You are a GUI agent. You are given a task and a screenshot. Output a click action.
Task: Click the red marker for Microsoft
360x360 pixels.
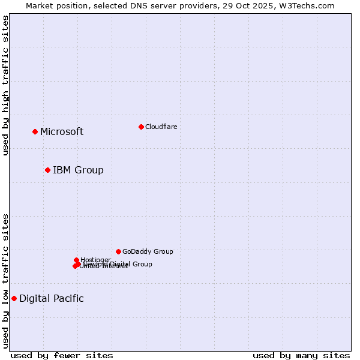click(35, 131)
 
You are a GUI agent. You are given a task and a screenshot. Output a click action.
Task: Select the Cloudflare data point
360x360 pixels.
click(141, 127)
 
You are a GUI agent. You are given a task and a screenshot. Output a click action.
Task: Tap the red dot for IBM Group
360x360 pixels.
click(47, 170)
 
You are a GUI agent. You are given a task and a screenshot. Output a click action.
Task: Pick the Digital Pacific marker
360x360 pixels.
click(14, 298)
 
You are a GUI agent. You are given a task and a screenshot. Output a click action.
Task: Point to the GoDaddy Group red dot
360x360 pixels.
click(118, 251)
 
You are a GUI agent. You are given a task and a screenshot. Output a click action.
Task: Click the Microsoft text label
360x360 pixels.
click(62, 132)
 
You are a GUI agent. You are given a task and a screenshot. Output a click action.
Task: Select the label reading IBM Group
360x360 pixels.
click(78, 170)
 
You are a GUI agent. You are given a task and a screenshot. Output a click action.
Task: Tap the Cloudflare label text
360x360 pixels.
click(161, 127)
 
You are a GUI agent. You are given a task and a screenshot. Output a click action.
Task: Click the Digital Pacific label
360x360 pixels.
click(52, 299)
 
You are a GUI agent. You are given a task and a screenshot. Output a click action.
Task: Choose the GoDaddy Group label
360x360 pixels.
click(148, 251)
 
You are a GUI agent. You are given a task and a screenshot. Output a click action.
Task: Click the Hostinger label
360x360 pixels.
click(95, 260)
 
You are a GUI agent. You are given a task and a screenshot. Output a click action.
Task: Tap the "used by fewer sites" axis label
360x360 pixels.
click(62, 355)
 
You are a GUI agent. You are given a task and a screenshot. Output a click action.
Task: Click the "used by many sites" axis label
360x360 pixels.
click(301, 355)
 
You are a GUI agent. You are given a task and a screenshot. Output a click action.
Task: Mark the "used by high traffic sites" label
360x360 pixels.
click(6, 85)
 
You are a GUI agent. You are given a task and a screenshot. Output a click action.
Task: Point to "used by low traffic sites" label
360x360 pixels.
click(6, 280)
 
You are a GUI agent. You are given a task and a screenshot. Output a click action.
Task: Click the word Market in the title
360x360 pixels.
click(38, 5)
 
